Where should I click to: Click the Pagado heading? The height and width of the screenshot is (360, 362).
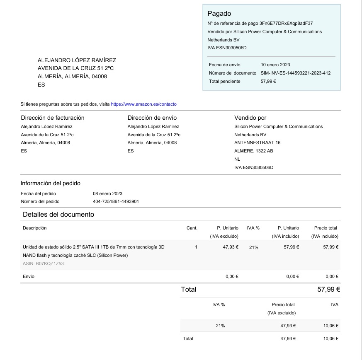[x=219, y=14]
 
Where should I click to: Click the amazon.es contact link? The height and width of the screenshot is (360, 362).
[x=143, y=104]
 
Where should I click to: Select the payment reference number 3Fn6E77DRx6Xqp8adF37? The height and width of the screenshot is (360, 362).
[x=286, y=23]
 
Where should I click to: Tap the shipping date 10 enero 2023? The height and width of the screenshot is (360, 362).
[x=275, y=65]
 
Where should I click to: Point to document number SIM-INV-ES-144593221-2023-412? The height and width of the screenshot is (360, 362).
[x=295, y=73]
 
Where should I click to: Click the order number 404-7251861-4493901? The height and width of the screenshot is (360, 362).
[x=116, y=201]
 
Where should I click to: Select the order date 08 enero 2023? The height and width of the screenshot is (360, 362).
[x=107, y=193]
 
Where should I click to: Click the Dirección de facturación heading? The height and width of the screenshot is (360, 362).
[x=52, y=118]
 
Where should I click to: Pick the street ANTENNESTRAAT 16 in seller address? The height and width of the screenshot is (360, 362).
[x=257, y=143]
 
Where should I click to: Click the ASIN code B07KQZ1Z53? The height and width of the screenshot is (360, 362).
[x=43, y=263]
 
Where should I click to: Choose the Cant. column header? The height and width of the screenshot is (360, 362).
[x=192, y=228]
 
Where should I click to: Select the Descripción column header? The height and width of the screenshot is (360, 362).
[x=34, y=228]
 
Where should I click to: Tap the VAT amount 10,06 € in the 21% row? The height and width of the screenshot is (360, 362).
[x=330, y=326]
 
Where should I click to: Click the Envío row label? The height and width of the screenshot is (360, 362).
[x=29, y=276]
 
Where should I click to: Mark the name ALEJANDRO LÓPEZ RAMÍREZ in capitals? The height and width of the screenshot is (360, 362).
[x=77, y=60]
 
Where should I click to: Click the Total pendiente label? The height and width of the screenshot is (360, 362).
[x=224, y=81]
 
